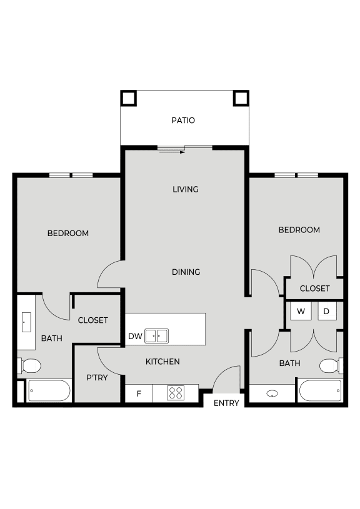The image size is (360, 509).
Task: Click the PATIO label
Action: click(183, 120)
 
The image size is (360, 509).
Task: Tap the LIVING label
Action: click(186, 189)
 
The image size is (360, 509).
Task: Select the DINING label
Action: click(186, 272)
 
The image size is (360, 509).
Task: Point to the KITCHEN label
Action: click(162, 362)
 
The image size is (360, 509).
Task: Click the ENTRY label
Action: click(226, 403)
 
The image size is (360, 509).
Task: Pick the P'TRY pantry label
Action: click(98, 378)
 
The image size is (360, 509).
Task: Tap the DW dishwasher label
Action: click(135, 336)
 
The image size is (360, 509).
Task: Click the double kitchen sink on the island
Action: click(157, 336)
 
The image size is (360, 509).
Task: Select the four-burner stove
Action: click(176, 393)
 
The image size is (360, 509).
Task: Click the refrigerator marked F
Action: click(139, 393)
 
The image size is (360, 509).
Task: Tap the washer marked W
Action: click(301, 311)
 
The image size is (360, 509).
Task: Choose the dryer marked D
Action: click(326, 311)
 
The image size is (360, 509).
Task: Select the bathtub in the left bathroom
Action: click(48, 392)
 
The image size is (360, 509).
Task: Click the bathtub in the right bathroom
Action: click(319, 392)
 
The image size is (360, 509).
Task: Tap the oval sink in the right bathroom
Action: click(272, 393)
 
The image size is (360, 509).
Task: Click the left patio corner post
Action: click(129, 98)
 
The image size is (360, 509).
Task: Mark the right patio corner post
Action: click(241, 98)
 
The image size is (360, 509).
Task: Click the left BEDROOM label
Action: click(68, 234)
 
